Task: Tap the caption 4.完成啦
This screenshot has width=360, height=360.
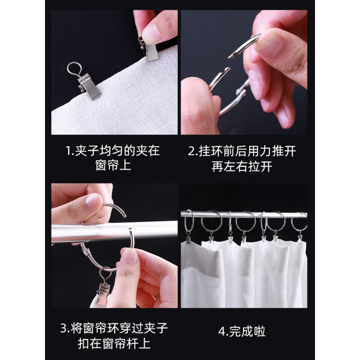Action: pos(242,332)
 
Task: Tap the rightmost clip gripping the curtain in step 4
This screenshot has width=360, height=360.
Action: pos(299,236)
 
